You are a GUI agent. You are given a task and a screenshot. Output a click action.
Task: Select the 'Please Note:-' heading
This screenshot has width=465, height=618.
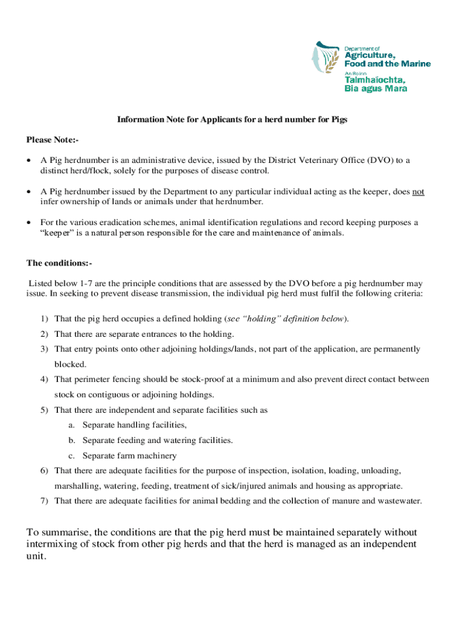pyautogui.click(x=53, y=140)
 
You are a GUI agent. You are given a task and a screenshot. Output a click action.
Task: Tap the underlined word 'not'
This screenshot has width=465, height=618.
pyautogui.click(x=418, y=191)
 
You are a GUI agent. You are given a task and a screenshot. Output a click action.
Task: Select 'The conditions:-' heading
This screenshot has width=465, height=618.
pyautogui.click(x=59, y=263)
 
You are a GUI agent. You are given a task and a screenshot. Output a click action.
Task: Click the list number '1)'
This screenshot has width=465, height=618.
pyautogui.click(x=45, y=318)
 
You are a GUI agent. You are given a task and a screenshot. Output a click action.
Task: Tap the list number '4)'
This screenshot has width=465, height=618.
pyautogui.click(x=45, y=380)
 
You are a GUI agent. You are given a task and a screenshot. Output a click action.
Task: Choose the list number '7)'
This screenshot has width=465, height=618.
pyautogui.click(x=45, y=501)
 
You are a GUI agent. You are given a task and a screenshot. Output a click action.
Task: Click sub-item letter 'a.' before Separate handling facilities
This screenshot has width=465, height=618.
pyautogui.click(x=72, y=425)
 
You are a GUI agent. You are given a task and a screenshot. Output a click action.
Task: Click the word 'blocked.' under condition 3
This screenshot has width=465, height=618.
pyautogui.click(x=70, y=365)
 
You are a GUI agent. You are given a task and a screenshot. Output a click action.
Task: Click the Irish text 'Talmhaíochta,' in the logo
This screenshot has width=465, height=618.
pyautogui.click(x=374, y=80)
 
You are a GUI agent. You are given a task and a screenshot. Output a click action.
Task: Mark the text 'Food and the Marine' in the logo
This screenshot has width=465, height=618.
pyautogui.click(x=387, y=63)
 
